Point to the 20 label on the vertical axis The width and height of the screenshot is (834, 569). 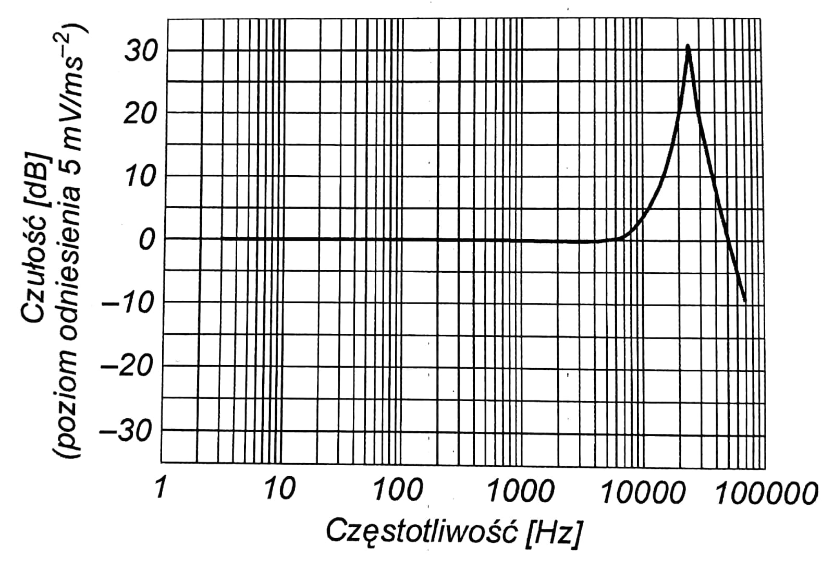(140, 114)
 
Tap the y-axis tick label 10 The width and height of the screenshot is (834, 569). (140, 177)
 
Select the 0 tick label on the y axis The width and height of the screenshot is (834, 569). (146, 240)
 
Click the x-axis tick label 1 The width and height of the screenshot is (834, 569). (161, 489)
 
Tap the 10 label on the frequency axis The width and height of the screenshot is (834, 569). (279, 489)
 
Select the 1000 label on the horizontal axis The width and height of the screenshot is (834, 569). (519, 491)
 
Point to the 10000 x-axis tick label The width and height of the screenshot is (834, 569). (641, 492)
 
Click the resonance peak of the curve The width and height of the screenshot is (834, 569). (688, 46)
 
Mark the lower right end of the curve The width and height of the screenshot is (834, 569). (745, 301)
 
